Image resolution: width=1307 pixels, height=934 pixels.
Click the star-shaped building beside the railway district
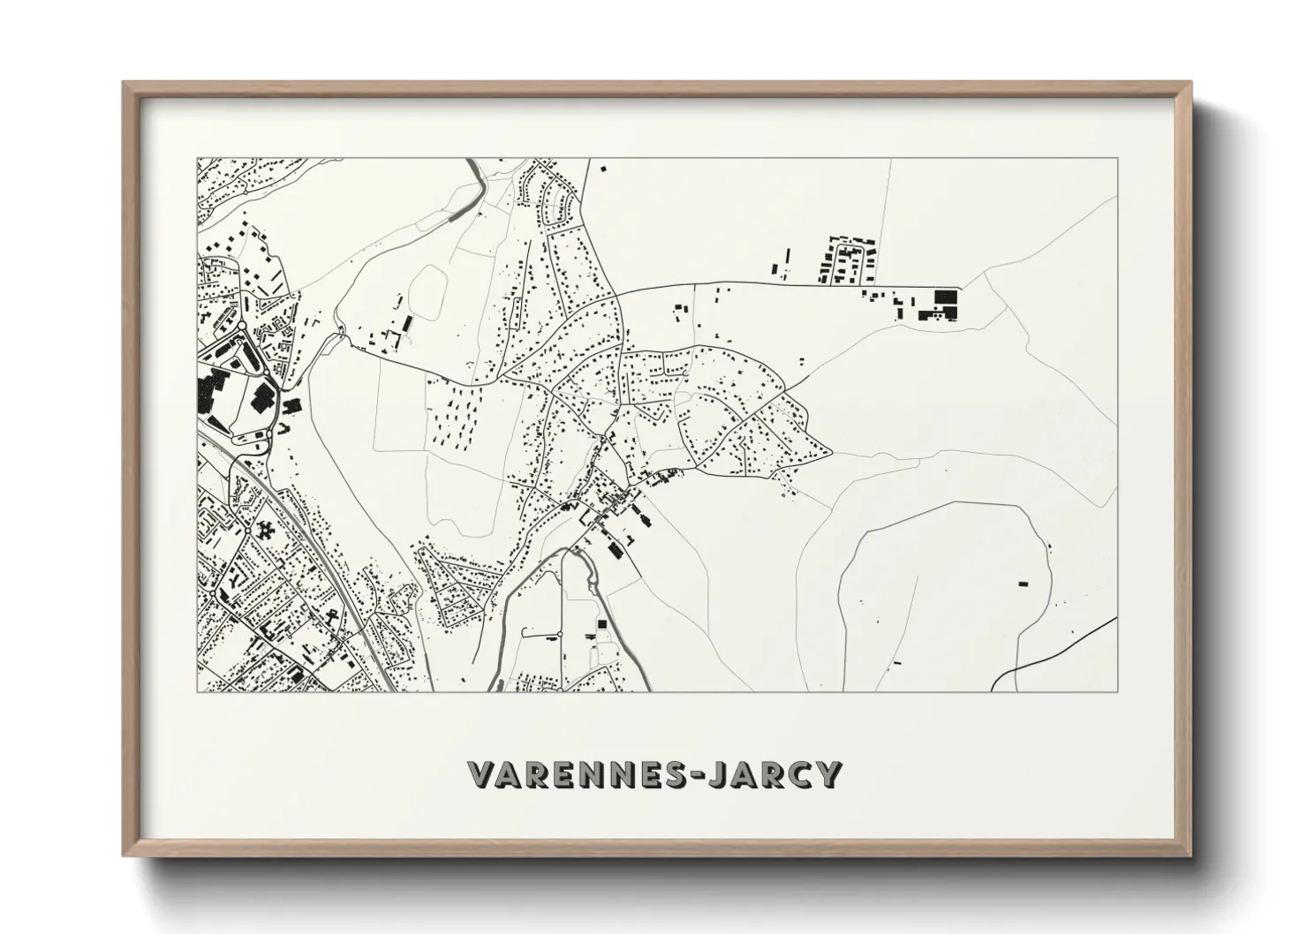[265, 532]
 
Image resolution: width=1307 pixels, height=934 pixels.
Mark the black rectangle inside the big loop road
[1024, 583]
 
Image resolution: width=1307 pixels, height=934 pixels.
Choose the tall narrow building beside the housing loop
[789, 261]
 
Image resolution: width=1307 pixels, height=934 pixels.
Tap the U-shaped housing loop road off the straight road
[850, 256]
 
